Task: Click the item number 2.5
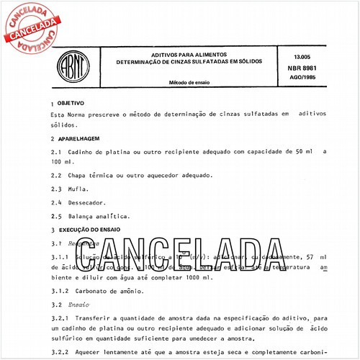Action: pos(56,216)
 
